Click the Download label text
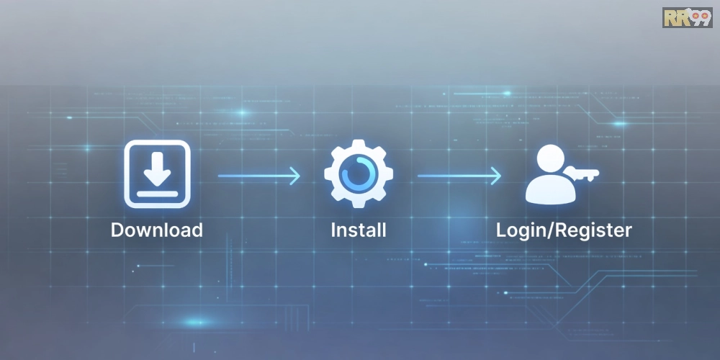click(156, 230)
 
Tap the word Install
click(359, 230)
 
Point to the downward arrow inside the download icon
click(157, 168)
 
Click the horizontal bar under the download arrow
click(157, 194)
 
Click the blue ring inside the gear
click(359, 158)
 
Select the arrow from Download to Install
click(258, 176)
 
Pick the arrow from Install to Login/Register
click(459, 176)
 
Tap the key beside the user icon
click(581, 174)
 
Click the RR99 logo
click(688, 17)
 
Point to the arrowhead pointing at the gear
click(294, 176)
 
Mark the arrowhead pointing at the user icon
click(496, 176)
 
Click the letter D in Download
click(117, 230)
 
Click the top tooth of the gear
click(359, 145)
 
